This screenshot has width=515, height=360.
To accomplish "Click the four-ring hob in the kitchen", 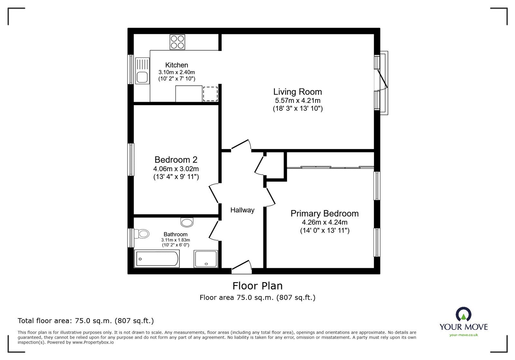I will click(x=177, y=42).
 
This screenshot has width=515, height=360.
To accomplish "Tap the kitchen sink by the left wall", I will click(x=142, y=71).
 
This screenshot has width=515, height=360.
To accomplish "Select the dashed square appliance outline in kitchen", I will click(x=210, y=94).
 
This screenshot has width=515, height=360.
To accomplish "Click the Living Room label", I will click(x=297, y=92).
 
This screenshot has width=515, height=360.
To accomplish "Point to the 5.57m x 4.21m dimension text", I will click(x=297, y=100).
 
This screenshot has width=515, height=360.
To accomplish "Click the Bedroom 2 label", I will click(x=176, y=160).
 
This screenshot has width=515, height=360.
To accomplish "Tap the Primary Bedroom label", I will click(x=324, y=213).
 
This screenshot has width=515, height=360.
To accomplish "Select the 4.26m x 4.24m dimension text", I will click(x=324, y=222).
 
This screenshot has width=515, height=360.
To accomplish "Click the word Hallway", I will click(x=242, y=210).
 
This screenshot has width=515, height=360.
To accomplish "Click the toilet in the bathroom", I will click(x=142, y=234).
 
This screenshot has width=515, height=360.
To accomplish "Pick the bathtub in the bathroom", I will click(x=157, y=259).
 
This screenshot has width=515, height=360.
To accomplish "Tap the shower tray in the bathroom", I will click(x=206, y=259).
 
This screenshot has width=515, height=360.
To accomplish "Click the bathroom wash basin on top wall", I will click(x=187, y=222).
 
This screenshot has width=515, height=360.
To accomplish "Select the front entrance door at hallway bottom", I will click(x=241, y=267).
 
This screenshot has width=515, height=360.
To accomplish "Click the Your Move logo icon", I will click(x=464, y=315).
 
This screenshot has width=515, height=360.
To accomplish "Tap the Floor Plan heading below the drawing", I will click(x=257, y=286).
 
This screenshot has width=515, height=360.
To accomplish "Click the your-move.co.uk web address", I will click(x=464, y=335).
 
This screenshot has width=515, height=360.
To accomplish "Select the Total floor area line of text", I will click(x=86, y=321).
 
